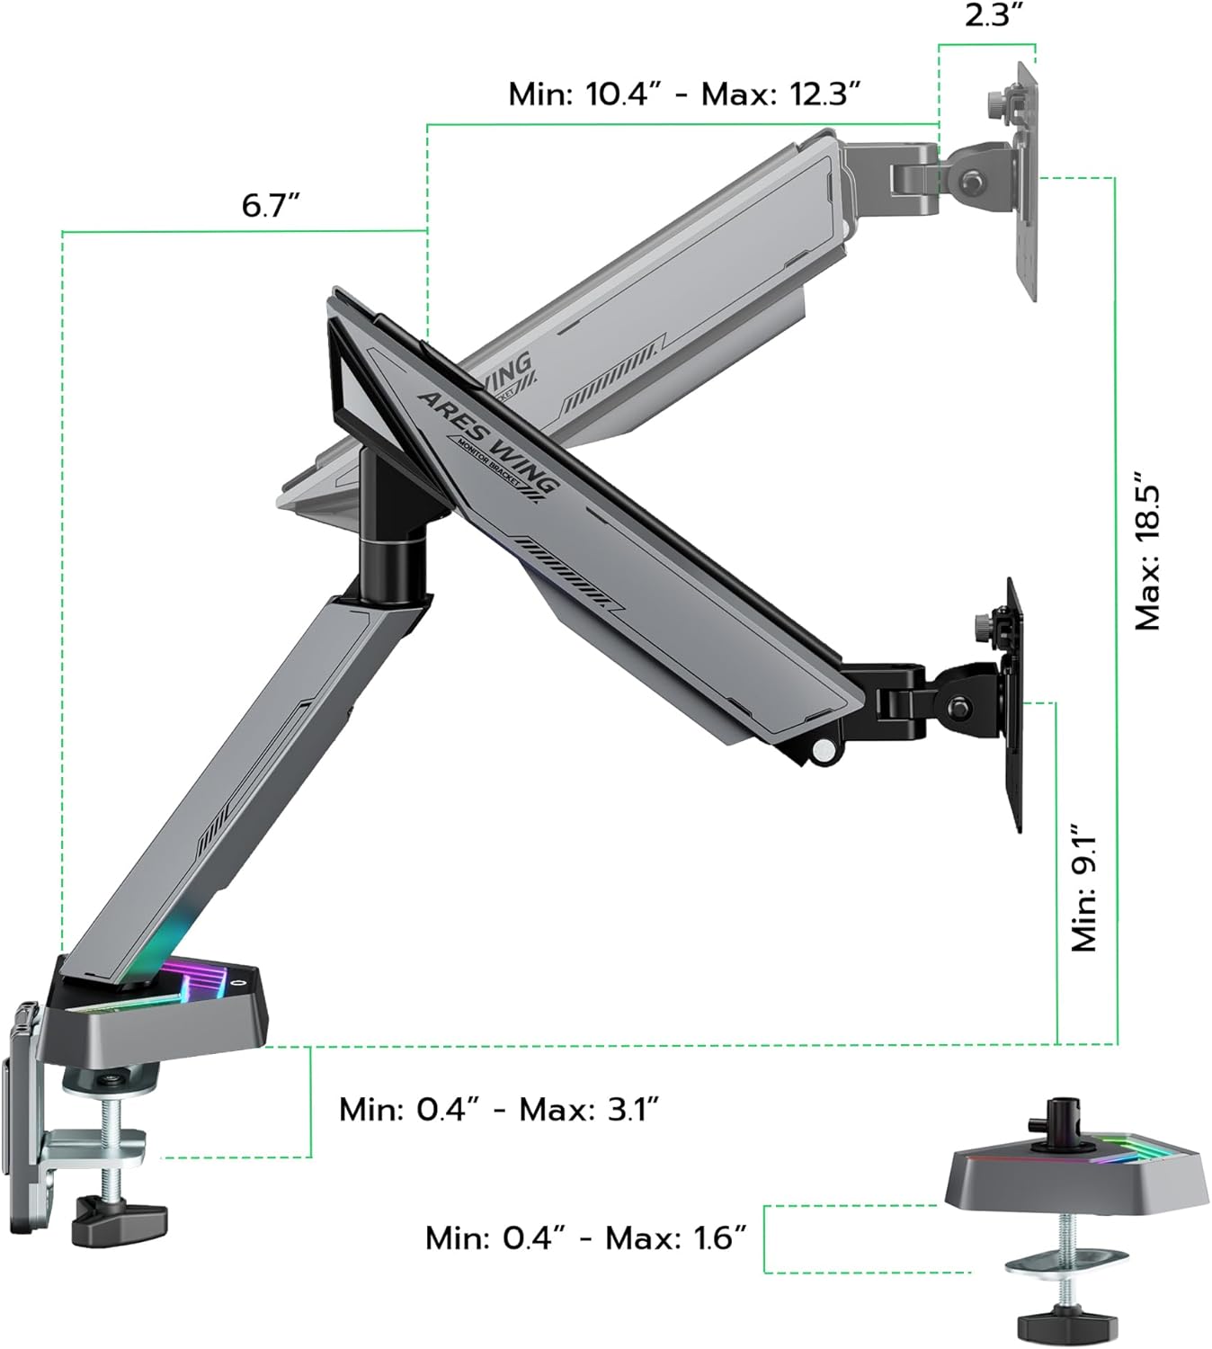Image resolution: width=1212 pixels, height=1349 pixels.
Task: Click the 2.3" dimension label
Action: click(987, 16)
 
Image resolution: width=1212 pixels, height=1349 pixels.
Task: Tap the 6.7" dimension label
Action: click(270, 205)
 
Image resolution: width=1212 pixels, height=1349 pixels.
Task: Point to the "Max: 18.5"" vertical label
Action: click(1148, 549)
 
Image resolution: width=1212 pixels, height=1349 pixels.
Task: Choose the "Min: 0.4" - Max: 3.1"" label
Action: click(500, 1109)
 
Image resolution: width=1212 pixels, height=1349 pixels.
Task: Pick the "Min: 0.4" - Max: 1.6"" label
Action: click(586, 1237)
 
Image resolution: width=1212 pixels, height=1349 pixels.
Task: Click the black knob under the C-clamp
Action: click(121, 1219)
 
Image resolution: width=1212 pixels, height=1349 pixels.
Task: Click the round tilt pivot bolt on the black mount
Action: click(960, 706)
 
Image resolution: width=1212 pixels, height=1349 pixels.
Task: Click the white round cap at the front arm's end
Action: click(821, 749)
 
